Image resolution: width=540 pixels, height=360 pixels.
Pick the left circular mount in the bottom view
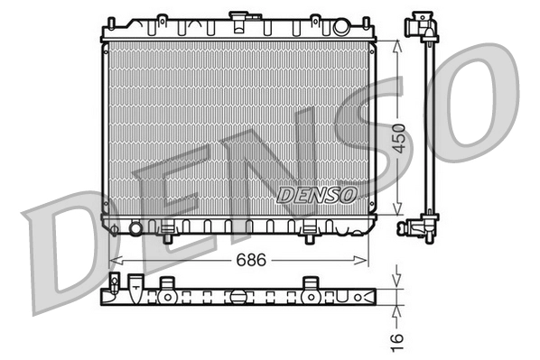pyautogui.click(x=167, y=294)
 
